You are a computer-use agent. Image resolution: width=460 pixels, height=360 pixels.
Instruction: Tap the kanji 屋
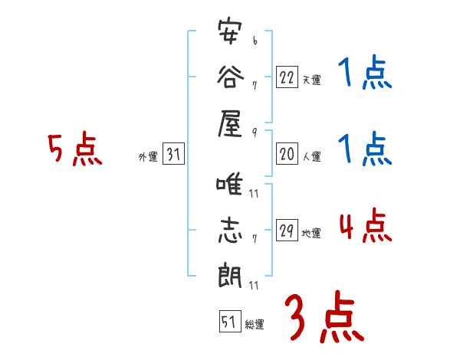(x=229, y=123)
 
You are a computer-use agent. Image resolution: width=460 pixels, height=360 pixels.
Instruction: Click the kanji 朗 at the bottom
(x=229, y=274)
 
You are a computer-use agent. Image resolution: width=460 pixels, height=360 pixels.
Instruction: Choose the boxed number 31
(x=173, y=155)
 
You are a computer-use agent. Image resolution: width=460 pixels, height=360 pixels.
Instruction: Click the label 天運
(x=311, y=80)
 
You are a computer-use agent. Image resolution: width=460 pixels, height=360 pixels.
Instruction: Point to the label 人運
(x=311, y=157)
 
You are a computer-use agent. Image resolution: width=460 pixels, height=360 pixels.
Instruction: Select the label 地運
(x=311, y=234)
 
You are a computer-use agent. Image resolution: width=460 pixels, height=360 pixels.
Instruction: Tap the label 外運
(x=147, y=157)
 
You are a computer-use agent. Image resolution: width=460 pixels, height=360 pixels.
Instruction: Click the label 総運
(x=255, y=324)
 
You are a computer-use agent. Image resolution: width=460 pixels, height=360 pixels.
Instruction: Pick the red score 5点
(x=75, y=150)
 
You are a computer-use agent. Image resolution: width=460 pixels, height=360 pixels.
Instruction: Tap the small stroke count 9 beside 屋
(x=253, y=132)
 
